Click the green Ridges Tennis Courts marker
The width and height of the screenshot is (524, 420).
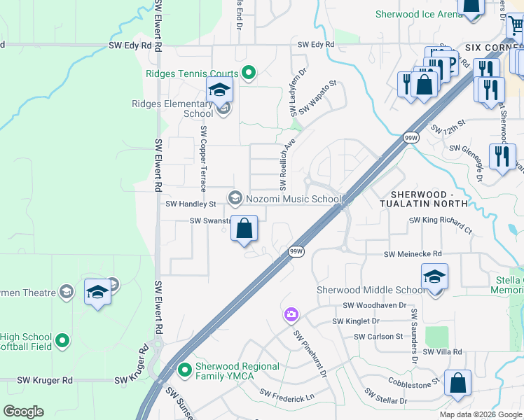coord(248,71)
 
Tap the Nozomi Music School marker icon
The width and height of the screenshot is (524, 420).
coord(235,199)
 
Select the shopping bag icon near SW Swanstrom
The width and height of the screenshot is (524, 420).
coord(244,229)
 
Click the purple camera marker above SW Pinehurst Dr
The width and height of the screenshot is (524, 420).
coord(291,316)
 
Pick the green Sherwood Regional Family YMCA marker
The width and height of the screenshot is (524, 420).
coord(185,369)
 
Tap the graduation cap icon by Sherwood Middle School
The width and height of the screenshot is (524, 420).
coord(434,277)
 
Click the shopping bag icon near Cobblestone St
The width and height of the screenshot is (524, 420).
coord(457,384)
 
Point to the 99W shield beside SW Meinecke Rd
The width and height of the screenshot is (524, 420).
coord(296,251)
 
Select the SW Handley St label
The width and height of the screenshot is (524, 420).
coord(191,204)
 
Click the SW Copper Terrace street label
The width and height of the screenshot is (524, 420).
coord(203,159)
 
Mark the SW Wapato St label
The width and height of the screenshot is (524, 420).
coord(317,97)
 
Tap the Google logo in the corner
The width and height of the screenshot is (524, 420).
coord(23,412)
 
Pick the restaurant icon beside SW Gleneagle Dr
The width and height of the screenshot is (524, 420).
coord(502,155)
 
